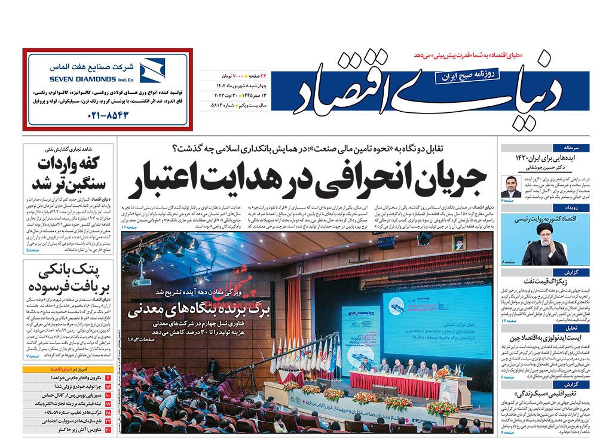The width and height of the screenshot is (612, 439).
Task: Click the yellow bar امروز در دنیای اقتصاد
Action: [67, 370]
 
